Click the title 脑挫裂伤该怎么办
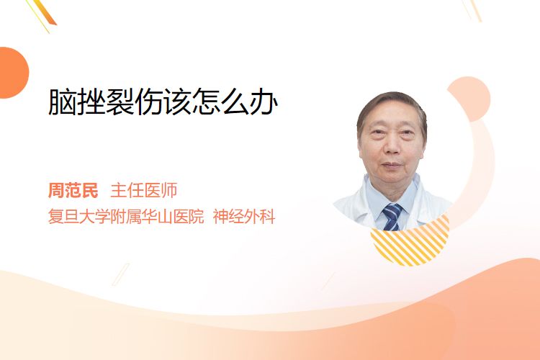(x=163, y=102)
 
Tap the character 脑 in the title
(x=63, y=102)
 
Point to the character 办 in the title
(x=264, y=102)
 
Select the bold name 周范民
(x=73, y=191)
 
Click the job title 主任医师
(x=143, y=191)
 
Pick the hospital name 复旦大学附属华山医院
(x=126, y=217)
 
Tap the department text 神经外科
(x=244, y=217)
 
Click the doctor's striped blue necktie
(x=392, y=217)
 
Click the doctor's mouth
(x=392, y=165)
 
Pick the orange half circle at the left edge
(x=13, y=73)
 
